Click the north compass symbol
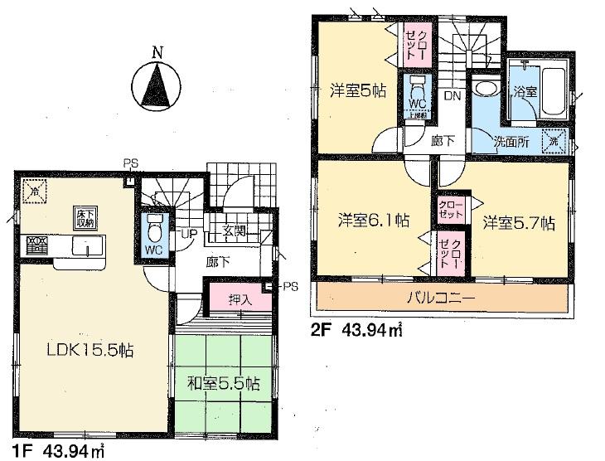[x=157, y=84]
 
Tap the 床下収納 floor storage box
[x=85, y=217]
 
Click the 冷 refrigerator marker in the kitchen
[x=32, y=190]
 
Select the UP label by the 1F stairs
[x=190, y=235]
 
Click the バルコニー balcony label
[x=444, y=296]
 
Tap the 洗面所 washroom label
[x=512, y=141]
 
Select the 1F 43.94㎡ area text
[x=59, y=452]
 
